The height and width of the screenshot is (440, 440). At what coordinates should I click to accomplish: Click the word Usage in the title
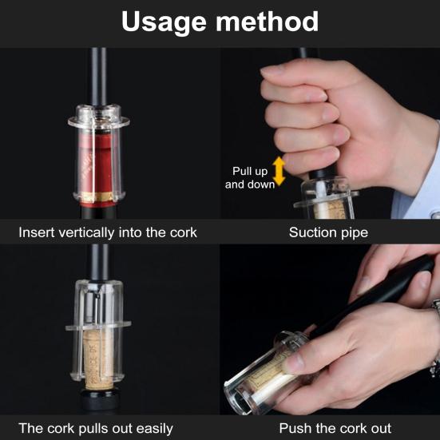point(164,22)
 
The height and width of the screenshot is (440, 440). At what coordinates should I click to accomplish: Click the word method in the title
point(268,22)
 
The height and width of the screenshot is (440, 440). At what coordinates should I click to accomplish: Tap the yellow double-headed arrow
point(279,171)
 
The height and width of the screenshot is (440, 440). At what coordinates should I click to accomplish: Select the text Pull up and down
point(250,178)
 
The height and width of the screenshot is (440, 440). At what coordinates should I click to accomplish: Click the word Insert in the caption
point(37,232)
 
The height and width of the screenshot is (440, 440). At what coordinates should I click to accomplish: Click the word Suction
point(312,232)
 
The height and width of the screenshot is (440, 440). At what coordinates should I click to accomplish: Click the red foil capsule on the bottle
point(99,164)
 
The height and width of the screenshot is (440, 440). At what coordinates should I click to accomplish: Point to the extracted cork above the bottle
point(98,360)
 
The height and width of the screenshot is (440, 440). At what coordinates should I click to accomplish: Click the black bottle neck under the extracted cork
point(99,399)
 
